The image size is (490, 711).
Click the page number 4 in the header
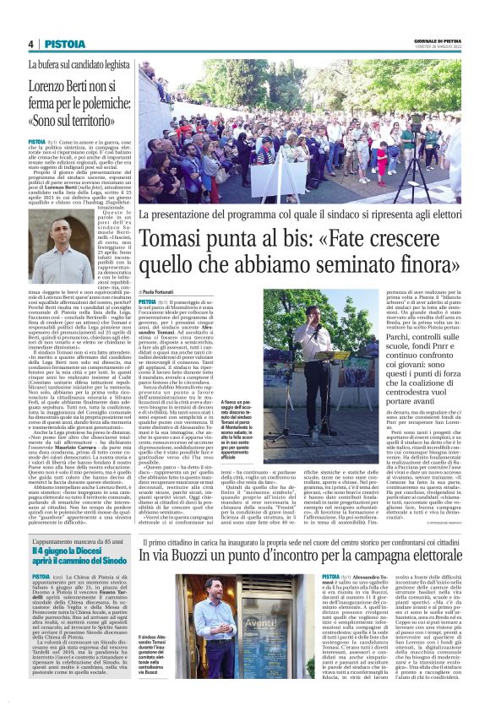click(30, 43)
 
